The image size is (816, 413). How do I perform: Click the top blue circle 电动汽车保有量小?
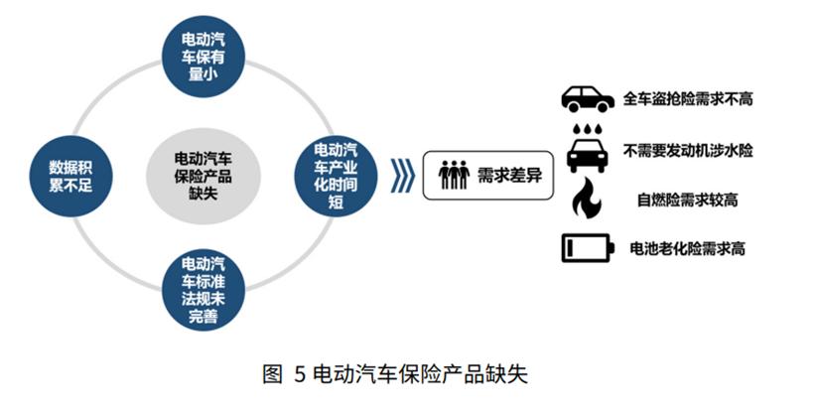point(203,57)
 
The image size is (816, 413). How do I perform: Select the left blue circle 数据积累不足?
point(70,176)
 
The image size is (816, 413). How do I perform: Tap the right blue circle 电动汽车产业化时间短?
point(336,176)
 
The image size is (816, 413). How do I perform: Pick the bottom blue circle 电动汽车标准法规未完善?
point(203,290)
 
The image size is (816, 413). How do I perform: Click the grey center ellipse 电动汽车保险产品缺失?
point(203,176)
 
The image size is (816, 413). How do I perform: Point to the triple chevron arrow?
point(402,176)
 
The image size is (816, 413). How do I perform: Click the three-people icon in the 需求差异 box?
point(454,175)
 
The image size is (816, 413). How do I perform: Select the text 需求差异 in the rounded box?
point(509,176)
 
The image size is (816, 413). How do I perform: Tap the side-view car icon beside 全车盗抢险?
point(588,99)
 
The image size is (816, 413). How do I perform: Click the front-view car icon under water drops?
point(588,155)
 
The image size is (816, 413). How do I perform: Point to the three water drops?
point(588,128)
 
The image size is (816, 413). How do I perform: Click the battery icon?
point(588,247)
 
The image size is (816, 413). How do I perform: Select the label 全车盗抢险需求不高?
point(688,99)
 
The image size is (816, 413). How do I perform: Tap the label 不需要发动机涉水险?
point(688,150)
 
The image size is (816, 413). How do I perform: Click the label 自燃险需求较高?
point(688,200)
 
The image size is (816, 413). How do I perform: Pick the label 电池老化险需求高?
point(688,248)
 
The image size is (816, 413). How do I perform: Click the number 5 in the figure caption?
point(299,374)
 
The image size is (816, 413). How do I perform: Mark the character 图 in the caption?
point(273,374)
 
